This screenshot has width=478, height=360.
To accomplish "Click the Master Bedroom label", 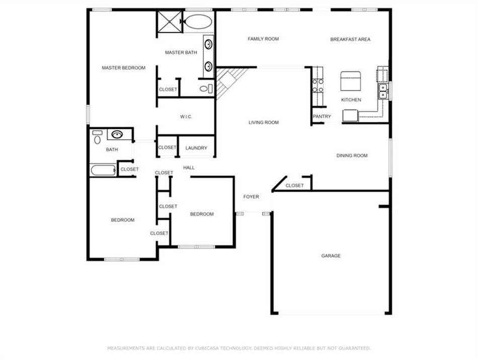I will point(123,68).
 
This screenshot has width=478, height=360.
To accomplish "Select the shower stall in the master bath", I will point(170,22).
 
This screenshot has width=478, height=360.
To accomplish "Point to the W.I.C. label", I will point(186,117).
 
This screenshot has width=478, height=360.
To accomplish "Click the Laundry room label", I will point(196,148).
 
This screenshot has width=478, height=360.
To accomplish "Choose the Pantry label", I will point(322,117).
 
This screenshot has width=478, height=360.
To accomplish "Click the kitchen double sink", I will point(383,91).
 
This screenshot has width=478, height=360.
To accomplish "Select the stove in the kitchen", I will point(317,85).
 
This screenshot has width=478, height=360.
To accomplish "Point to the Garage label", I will point(331,256).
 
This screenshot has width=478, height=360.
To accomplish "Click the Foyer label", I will point(251,197).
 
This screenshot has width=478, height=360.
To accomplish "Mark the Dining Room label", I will point(352,156).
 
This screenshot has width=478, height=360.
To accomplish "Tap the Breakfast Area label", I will point(350,39).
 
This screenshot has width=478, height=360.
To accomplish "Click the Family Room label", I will point(263,39).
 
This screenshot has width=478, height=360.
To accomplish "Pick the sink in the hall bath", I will point(117,134).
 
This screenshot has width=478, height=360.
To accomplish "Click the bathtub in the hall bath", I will point(103,170).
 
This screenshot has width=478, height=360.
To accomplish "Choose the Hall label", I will point(189,167).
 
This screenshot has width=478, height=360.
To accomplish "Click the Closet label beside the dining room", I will point(294,186).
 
